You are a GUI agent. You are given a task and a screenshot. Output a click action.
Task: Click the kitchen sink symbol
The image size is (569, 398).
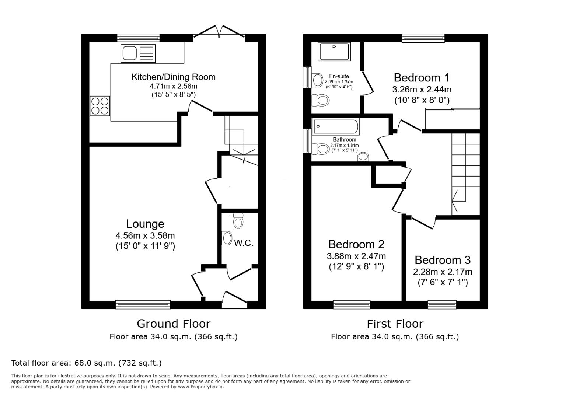click(138, 53)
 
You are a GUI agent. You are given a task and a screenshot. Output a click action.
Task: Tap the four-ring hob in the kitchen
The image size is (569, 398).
click(100, 106)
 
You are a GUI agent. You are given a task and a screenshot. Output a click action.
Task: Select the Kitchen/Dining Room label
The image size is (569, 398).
click(173, 77)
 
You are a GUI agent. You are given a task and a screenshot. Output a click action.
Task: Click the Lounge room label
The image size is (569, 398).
click(145, 224)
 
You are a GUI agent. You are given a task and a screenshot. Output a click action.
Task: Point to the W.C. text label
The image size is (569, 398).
click(244, 243)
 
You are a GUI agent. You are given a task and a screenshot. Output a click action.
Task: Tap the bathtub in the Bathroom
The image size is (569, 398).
click(335, 127)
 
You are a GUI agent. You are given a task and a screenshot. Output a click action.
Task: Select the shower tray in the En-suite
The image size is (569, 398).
click(335, 52)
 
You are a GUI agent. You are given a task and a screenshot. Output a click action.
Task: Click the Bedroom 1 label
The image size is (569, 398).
click(422, 78)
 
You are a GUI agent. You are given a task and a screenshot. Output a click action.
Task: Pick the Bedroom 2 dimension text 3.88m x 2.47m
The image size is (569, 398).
click(356, 256)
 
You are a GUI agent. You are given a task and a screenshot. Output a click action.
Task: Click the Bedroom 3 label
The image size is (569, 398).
click(442, 260)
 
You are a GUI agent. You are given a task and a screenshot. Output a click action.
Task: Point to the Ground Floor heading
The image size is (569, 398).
click(173, 324)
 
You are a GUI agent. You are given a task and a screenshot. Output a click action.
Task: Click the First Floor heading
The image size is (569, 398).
click(395, 324)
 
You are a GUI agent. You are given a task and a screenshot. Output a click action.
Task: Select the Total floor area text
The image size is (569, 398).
click(87, 363)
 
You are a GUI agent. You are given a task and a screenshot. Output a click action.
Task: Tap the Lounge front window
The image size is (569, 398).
click(143, 304)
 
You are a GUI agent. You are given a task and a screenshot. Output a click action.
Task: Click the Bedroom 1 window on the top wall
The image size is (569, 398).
click(423, 38)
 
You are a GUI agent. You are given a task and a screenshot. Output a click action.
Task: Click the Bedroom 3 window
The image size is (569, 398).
click(442, 304)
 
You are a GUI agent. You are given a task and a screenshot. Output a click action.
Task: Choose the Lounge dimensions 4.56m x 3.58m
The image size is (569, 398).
click(145, 235)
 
